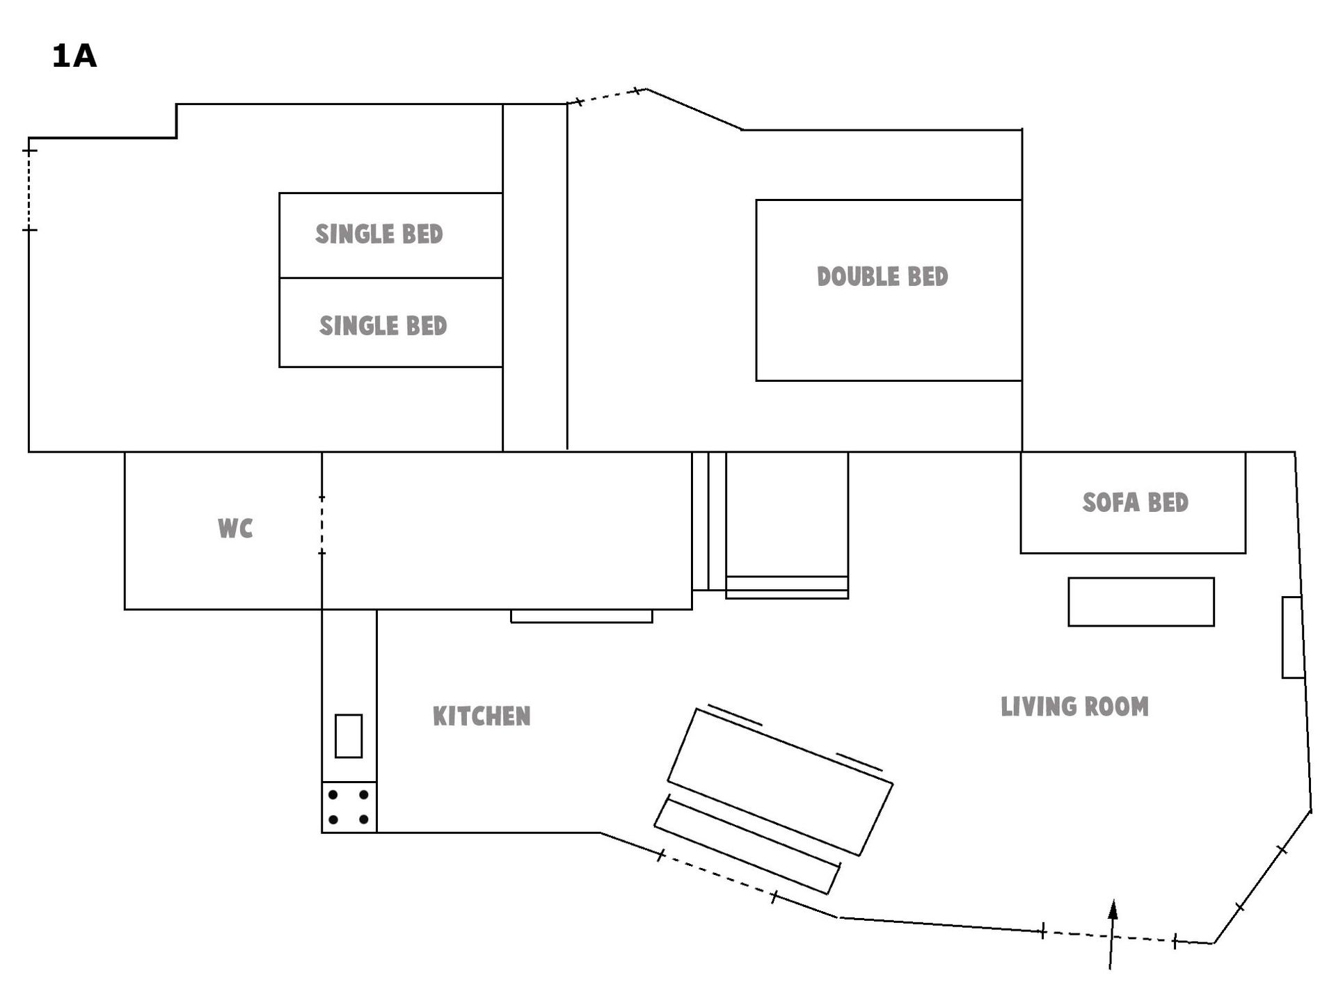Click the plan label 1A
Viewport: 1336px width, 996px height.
74,56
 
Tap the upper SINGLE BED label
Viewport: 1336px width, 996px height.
379,234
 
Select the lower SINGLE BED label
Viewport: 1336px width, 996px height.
383,326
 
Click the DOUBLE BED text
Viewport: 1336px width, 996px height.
882,277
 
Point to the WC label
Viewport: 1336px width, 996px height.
235,529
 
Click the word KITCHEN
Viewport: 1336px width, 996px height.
482,716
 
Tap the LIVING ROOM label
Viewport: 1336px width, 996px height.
1074,707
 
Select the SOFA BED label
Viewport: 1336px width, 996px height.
1136,502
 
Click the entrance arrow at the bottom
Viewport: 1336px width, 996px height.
1111,934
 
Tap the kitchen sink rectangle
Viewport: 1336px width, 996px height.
349,736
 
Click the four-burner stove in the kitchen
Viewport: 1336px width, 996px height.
349,807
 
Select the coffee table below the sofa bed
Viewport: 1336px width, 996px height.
1141,602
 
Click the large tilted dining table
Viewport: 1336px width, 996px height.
780,782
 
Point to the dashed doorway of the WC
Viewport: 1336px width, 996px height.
321,525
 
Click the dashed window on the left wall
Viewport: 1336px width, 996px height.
29,190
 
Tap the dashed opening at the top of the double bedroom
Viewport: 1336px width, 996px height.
607,96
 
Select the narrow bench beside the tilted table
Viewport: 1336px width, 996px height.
747,845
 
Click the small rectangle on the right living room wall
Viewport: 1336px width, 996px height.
1293,637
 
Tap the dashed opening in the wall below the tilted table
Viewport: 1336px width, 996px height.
717,876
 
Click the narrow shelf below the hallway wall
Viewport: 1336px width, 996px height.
582,616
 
